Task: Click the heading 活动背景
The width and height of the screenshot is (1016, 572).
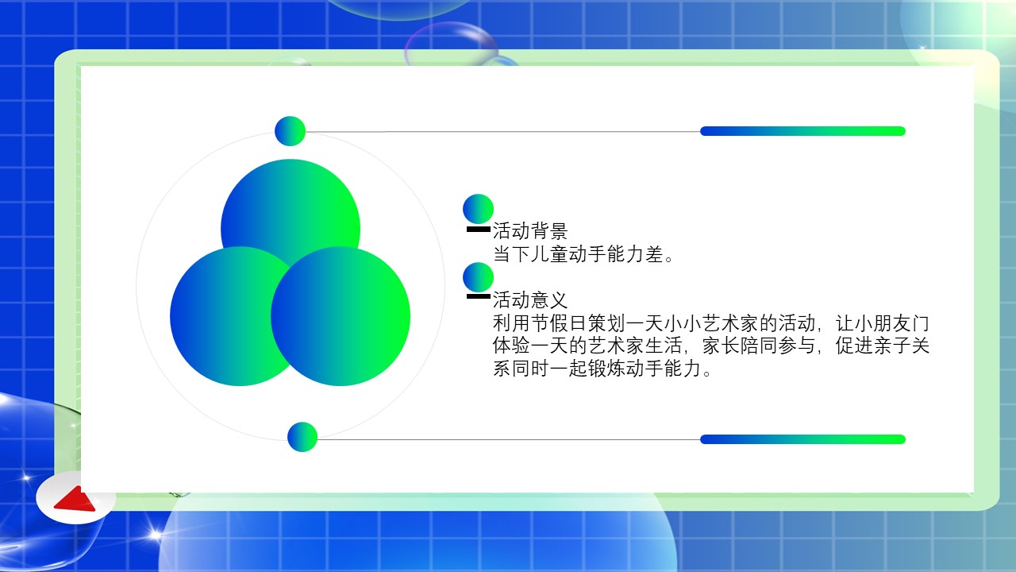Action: coord(530,230)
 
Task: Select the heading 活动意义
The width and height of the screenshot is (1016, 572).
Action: coord(530,300)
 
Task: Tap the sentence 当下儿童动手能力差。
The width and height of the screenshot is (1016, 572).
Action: coord(583,254)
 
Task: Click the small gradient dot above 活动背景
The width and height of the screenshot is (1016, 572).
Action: coord(478,209)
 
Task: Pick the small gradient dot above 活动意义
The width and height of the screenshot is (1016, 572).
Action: coord(478,277)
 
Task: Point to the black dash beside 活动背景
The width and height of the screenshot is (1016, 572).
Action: coord(479,230)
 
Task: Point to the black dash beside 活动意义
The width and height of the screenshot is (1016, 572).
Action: coord(479,296)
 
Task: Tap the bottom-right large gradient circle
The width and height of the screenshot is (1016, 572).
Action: coord(341,316)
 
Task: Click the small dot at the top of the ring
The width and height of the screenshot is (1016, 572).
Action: coord(291,131)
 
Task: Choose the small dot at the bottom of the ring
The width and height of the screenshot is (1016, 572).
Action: coord(302,437)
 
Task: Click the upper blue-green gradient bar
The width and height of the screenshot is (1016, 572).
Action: coord(802,131)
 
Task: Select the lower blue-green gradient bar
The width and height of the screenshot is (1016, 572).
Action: coord(802,439)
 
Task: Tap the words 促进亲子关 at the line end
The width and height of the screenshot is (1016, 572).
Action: coord(883,346)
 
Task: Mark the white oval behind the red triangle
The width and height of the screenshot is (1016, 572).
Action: coord(75,497)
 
